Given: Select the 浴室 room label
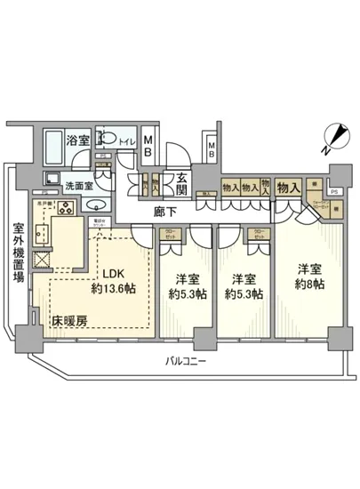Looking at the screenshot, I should [x=78, y=140].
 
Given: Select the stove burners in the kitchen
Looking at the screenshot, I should [x=64, y=210].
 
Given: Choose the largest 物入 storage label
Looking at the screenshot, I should [x=287, y=187].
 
